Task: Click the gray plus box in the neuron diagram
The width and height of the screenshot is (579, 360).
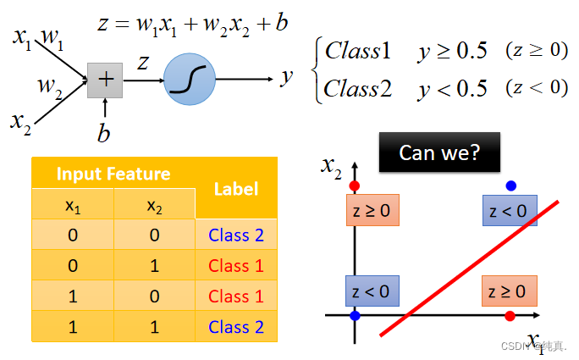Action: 105,80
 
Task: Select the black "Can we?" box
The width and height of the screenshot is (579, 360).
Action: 439,152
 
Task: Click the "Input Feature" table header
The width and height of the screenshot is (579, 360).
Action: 113,174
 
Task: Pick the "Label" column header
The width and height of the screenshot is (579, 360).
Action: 236,189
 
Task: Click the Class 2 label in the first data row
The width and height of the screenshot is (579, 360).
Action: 236,235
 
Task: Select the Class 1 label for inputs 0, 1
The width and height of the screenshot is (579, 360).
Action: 236,266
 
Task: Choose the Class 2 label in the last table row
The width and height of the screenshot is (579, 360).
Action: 236,326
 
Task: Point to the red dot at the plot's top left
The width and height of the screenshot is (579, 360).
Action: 355,186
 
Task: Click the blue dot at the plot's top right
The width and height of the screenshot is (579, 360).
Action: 510,186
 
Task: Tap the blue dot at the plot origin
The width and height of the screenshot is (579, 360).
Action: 355,316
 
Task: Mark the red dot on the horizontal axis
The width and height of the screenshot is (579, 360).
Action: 510,316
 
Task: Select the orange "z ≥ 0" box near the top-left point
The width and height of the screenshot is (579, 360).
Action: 372,210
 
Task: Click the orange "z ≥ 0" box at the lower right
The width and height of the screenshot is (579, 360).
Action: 508,291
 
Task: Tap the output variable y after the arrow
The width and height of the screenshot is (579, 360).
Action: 287,77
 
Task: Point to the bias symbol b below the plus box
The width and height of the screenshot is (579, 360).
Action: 104,134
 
